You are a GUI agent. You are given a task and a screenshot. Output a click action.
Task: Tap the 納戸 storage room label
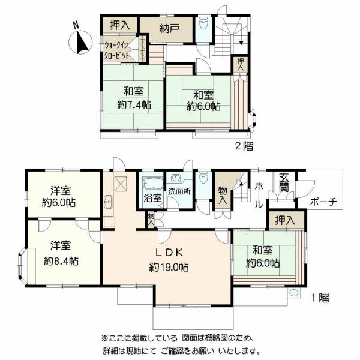pyautogui.click(x=169, y=29)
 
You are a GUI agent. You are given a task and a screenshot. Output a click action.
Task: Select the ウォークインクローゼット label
pyautogui.click(x=116, y=50)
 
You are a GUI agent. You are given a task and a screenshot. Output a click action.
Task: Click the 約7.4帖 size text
pyautogui.click(x=134, y=105)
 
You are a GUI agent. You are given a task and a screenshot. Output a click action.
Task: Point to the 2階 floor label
pyautogui.click(x=244, y=146)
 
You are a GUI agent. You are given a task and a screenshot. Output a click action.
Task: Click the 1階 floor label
pyautogui.click(x=320, y=298)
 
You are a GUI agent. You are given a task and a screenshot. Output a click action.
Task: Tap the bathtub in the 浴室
pyautogui.click(x=152, y=184)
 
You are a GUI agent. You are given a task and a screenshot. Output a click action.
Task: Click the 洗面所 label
pyautogui.click(x=179, y=191)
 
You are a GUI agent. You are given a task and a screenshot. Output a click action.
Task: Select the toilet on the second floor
pyautogui.click(x=203, y=23)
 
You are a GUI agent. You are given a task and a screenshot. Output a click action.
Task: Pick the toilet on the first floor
pyautogui.click(x=203, y=177)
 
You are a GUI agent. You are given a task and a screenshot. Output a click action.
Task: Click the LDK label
pyautogui.click(x=169, y=253)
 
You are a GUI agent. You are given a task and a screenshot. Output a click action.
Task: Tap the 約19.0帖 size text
pyautogui.click(x=169, y=267)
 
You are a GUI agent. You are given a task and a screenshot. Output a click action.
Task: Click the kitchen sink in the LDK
pyautogui.click(x=108, y=202)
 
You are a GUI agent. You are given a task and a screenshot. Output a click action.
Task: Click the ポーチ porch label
pyautogui.click(x=323, y=202)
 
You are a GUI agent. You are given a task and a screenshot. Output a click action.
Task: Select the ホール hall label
pyautogui.click(x=259, y=195)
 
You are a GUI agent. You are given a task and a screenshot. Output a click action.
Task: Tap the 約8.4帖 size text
pyautogui.click(x=61, y=261)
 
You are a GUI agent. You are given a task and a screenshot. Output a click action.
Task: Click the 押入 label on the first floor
pyautogui.click(x=286, y=220)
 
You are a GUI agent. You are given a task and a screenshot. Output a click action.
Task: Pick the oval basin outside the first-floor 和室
pyautogui.click(x=293, y=293)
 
